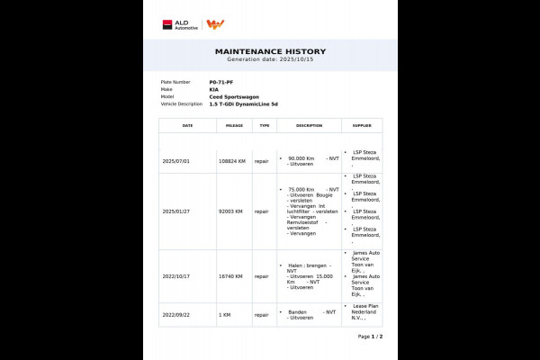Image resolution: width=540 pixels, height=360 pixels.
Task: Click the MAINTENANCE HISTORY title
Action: (269, 52)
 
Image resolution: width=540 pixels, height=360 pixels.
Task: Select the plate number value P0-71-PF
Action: (221, 82)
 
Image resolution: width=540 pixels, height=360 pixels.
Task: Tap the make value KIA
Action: (213, 89)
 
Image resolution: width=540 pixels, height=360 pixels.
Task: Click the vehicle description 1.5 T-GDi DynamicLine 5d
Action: (243, 103)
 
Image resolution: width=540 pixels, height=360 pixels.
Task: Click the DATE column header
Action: (187, 126)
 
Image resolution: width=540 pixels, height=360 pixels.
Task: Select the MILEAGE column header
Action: (234, 126)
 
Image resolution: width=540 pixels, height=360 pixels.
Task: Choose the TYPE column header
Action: (264, 126)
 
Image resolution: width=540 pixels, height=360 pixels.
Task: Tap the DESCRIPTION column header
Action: (309, 126)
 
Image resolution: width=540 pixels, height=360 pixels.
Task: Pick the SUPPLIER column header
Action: (362, 126)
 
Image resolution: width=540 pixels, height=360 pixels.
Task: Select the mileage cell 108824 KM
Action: (232, 161)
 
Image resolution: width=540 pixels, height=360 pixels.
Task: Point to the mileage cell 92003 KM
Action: (230, 211)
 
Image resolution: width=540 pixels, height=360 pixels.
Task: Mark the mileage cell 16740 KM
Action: (230, 276)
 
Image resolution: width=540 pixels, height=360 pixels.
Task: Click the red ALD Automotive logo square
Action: (167, 24)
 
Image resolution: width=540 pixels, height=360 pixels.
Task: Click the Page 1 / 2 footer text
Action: (370, 336)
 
